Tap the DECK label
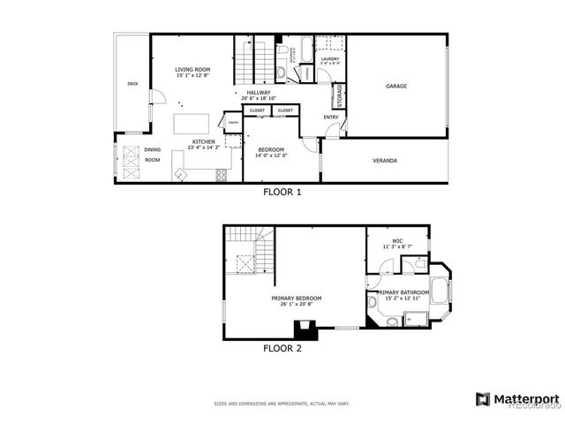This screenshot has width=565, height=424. click(x=132, y=84)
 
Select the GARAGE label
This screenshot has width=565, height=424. click(x=396, y=86)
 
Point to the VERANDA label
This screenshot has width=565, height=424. click(x=384, y=161)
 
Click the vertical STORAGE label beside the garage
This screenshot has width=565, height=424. click(x=336, y=95)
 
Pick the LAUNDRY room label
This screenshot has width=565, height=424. click(x=329, y=59)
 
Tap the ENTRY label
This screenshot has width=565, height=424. click(x=331, y=117)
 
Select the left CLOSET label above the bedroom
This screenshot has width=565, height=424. click(x=257, y=110)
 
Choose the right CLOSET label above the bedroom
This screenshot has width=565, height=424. click(x=285, y=110)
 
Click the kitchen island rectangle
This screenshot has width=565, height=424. click(x=192, y=122)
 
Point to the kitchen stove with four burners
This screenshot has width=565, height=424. click(x=221, y=175)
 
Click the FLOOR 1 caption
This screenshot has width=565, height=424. click(x=282, y=191)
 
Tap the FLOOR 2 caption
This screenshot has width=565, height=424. click(x=282, y=348)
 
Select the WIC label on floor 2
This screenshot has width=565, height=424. click(x=397, y=240)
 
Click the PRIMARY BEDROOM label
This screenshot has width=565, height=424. click(x=297, y=299)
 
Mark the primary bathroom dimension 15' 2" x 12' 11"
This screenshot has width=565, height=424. click(x=404, y=299)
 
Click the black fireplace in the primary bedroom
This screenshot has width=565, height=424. click(x=304, y=330)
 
